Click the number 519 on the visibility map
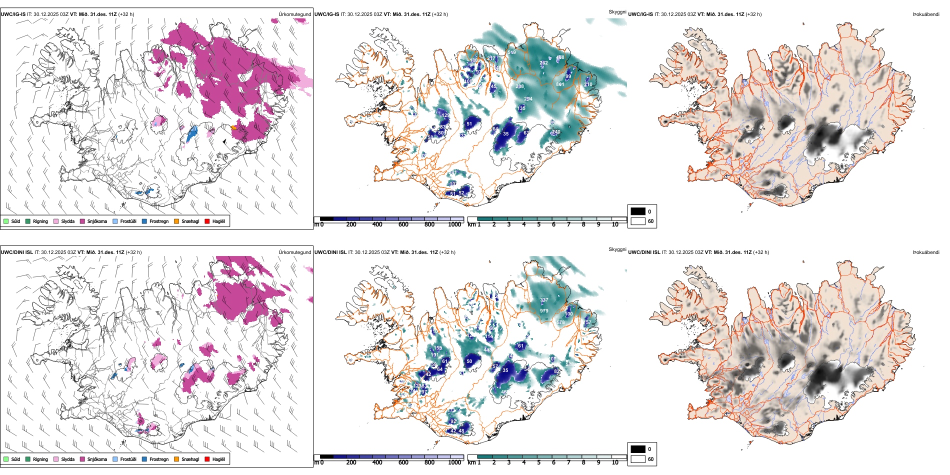[x=511, y=52]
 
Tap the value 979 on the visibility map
[x=544, y=311]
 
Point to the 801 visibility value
[x=560, y=84]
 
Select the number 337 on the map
[x=544, y=300]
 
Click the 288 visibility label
[x=520, y=86]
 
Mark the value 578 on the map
[x=560, y=322]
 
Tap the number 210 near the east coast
[x=588, y=84]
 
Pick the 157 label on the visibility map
[x=587, y=322]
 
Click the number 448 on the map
[x=487, y=350]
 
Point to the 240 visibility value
[x=556, y=132]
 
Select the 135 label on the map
[x=521, y=108]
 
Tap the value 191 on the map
[x=434, y=355]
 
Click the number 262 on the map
[x=543, y=63]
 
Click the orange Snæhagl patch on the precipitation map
[x=234, y=128]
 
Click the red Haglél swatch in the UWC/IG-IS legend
[x=207, y=221]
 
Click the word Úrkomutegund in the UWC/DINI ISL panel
[x=294, y=252]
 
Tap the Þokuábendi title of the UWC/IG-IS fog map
[x=925, y=14]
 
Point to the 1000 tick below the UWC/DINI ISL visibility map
[x=454, y=462]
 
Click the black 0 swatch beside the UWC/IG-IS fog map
[x=637, y=211]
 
